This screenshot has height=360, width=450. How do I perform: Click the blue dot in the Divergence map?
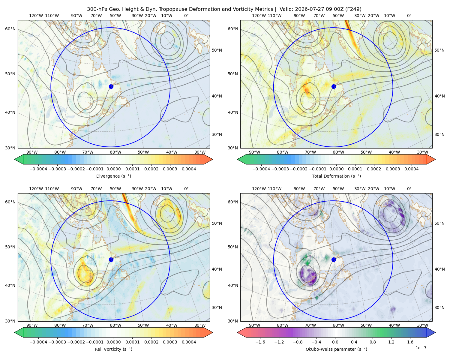(111, 86)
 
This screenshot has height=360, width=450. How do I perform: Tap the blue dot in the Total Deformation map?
(334, 86)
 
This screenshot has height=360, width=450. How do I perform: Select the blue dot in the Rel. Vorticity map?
(111, 259)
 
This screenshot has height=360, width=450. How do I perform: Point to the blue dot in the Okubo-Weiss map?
(334, 259)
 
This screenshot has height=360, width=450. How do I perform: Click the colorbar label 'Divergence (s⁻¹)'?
(113, 176)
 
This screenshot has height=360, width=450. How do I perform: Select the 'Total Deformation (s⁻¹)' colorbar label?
(336, 176)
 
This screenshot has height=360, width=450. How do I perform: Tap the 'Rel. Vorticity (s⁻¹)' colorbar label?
(113, 349)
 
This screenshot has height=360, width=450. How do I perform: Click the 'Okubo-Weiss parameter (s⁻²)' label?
(336, 349)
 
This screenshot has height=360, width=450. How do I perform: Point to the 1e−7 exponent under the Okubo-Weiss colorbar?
(421, 348)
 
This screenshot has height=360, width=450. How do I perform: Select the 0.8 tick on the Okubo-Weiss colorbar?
(373, 342)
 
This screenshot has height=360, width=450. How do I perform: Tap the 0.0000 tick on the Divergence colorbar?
(113, 169)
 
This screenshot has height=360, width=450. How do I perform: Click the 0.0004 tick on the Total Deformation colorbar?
(411, 169)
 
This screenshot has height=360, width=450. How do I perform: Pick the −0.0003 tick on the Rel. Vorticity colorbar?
(57, 342)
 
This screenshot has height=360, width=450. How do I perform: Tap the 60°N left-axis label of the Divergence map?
(10, 29)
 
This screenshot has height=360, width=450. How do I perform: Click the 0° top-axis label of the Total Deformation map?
(409, 16)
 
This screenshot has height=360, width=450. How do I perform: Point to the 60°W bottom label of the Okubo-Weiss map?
(338, 325)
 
